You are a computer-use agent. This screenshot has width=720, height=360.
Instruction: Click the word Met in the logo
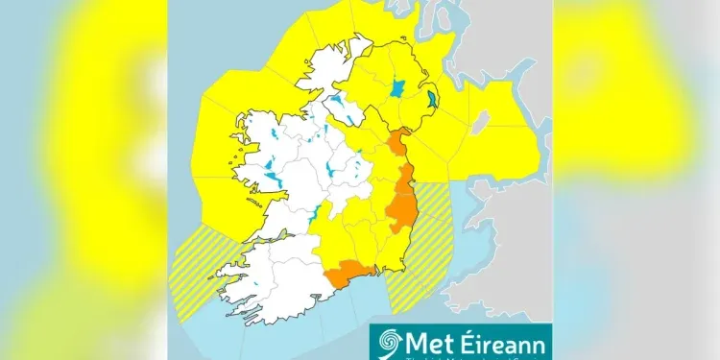click(431, 343)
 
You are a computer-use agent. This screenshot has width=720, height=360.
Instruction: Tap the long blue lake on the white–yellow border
click(314, 220)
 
